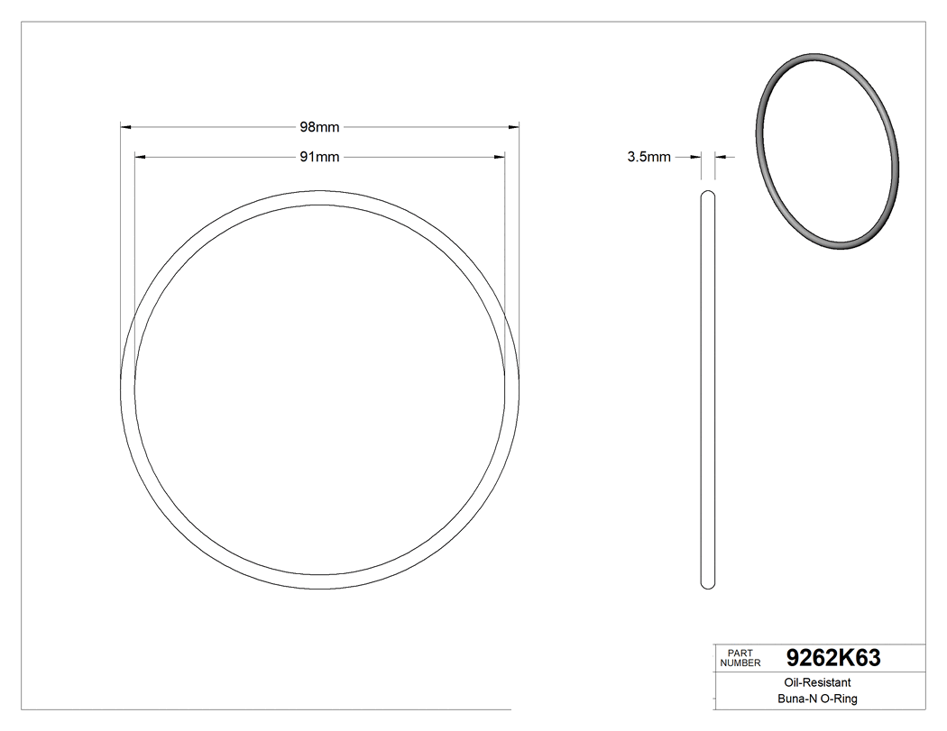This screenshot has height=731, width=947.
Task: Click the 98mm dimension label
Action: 319,127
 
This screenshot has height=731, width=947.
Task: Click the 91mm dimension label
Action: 319,157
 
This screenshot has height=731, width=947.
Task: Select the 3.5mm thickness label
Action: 648,157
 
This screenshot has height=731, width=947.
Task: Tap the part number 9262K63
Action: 833,658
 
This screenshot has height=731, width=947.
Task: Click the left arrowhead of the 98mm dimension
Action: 126,127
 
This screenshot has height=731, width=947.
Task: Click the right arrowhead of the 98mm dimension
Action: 514,127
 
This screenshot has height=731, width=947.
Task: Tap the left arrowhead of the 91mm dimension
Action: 140,157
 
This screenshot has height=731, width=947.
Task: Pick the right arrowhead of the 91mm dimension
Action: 499,157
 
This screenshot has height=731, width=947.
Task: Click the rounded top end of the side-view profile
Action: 708,194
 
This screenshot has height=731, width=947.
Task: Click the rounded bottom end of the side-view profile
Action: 708,584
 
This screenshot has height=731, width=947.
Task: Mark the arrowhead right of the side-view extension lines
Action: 721,157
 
